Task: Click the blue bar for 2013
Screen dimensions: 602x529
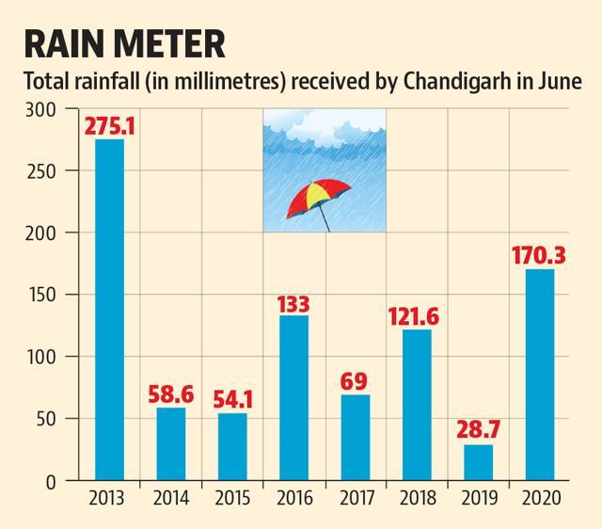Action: (x=110, y=310)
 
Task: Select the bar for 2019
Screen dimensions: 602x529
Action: (x=479, y=462)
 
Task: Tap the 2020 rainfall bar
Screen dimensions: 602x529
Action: (x=540, y=375)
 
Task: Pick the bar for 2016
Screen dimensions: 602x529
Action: (x=294, y=397)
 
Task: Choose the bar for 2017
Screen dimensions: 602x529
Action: (x=356, y=437)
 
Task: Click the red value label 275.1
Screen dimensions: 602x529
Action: (x=110, y=125)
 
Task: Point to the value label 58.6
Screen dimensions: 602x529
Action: (x=171, y=394)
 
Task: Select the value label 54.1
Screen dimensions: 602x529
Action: (x=233, y=400)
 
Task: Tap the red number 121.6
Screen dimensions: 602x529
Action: (x=413, y=316)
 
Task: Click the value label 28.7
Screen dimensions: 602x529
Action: (x=479, y=429)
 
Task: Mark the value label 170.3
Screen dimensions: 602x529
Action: (x=539, y=255)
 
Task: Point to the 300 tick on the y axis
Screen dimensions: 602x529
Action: (x=40, y=110)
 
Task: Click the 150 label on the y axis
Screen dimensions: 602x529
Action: (x=40, y=296)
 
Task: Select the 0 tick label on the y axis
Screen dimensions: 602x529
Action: (x=52, y=482)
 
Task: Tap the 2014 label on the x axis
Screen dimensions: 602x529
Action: (x=171, y=498)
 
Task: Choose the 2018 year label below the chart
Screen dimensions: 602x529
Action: (x=418, y=498)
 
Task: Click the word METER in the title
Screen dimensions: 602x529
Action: (x=169, y=44)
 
